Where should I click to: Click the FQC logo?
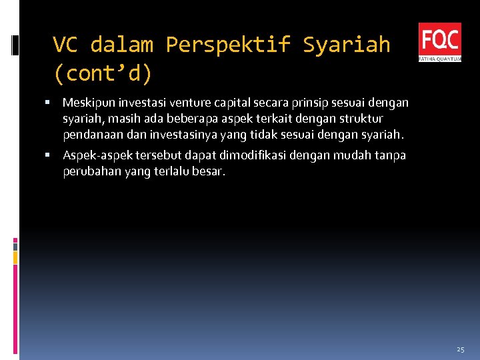click(439, 42)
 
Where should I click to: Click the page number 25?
click(461, 349)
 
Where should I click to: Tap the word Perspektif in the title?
click(227, 45)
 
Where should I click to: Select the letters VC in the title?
click(65, 45)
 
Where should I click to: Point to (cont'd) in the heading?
click(103, 73)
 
